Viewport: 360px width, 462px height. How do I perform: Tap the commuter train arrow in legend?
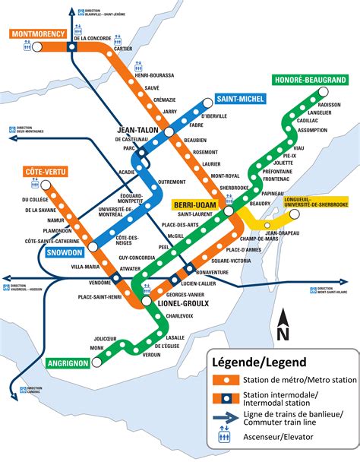click(226, 395)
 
